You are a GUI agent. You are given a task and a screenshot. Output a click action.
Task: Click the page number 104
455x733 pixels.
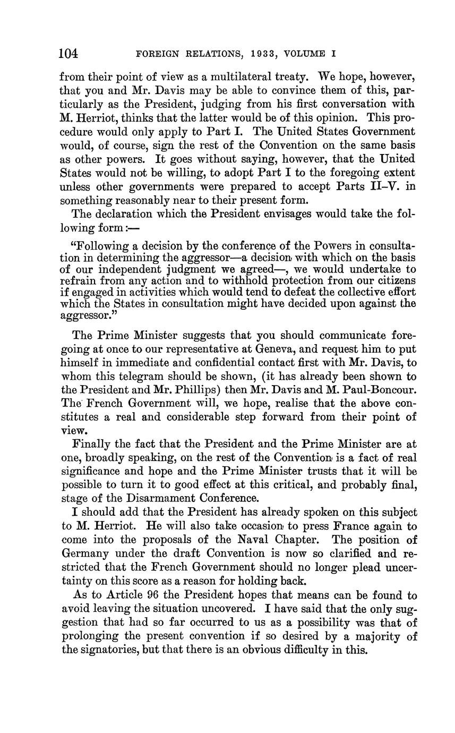tap(68, 53)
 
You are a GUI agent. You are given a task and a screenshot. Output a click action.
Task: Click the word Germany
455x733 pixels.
tap(87, 554)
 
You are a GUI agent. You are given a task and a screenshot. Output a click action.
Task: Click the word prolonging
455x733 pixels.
tap(92, 636)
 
